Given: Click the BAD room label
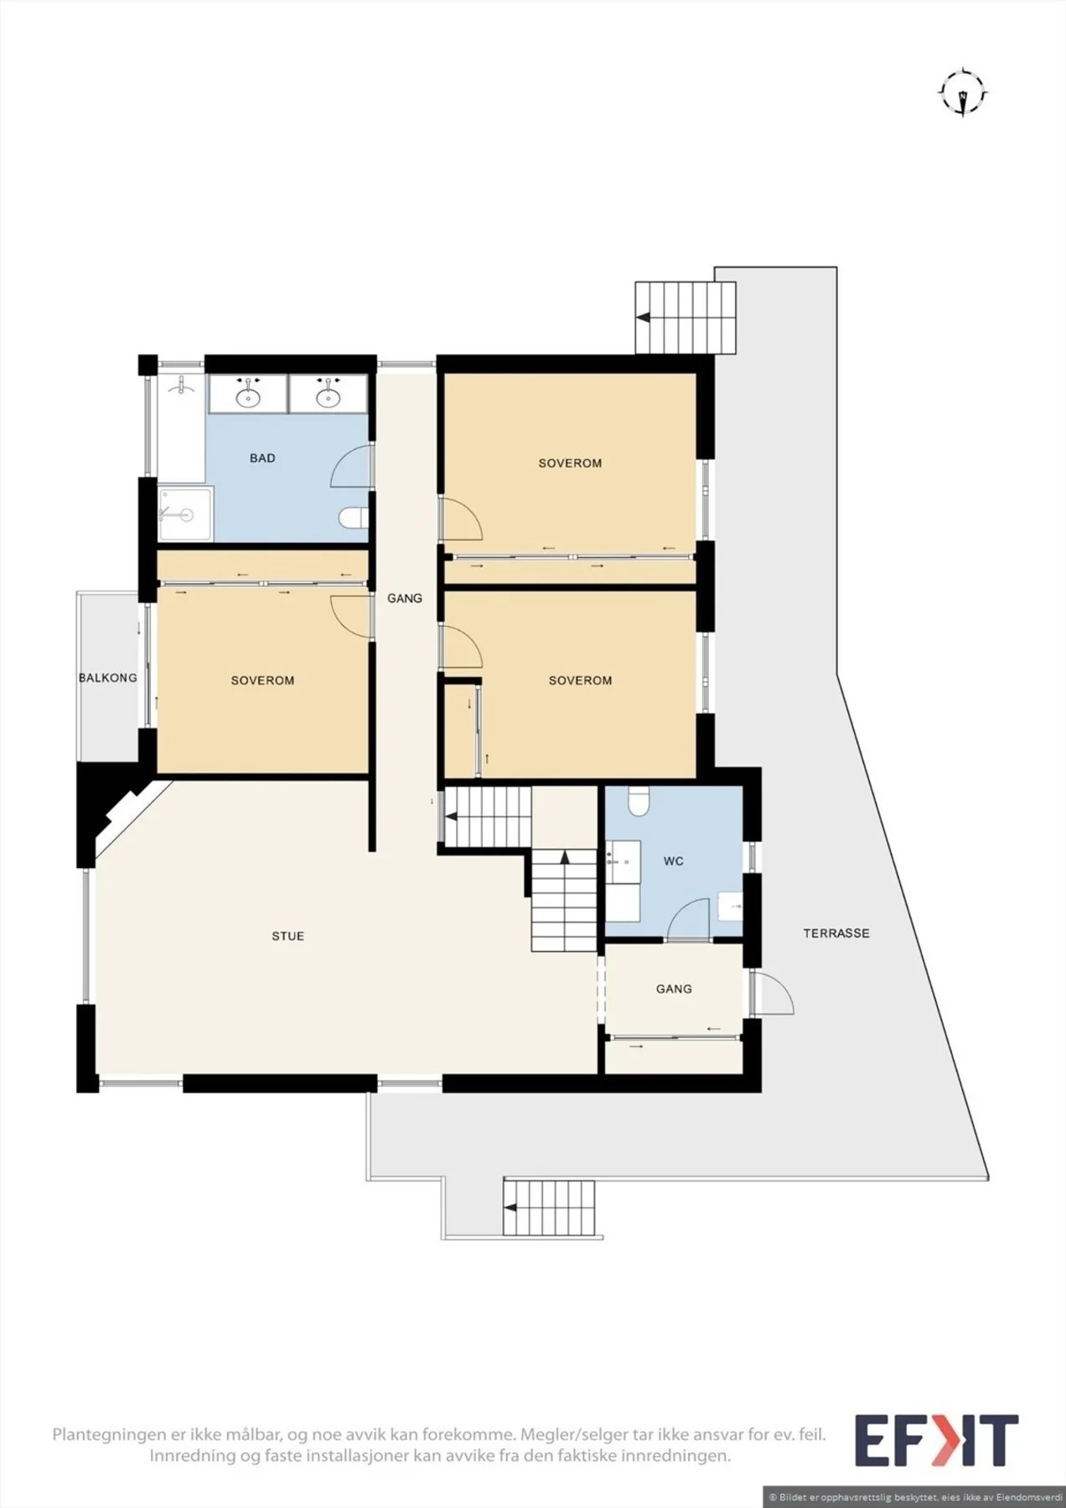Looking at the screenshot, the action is click(x=262, y=458).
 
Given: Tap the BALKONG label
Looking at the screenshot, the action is click(x=108, y=678).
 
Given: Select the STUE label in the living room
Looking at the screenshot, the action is click(x=287, y=936).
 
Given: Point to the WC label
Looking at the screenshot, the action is click(x=674, y=861).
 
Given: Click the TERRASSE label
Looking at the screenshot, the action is click(x=836, y=933).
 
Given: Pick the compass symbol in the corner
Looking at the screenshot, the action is click(x=964, y=92).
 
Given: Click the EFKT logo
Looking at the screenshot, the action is click(x=936, y=1441).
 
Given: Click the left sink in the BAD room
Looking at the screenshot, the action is click(x=249, y=394).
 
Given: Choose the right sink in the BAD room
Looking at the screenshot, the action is click(x=328, y=394).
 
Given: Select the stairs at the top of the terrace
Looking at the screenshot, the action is click(x=686, y=318).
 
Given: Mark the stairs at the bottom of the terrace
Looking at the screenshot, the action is click(x=550, y=1207).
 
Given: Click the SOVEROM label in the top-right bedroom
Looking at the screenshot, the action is click(x=570, y=463).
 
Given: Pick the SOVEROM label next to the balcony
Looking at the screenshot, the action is click(x=262, y=680).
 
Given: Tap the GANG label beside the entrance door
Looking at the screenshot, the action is click(x=674, y=989).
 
